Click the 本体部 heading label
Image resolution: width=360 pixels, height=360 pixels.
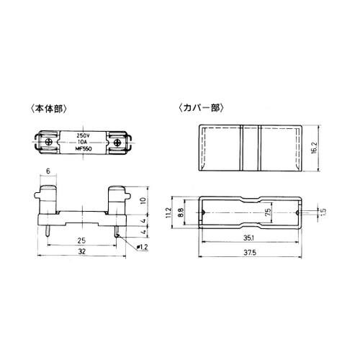(49, 109)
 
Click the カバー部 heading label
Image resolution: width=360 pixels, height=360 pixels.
(201, 108)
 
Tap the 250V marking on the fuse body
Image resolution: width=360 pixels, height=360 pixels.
(83, 135)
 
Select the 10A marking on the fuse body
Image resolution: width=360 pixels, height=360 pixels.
(82, 142)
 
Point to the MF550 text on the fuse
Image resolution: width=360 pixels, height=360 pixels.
(84, 149)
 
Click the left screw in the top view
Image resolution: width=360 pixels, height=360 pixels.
(50, 142)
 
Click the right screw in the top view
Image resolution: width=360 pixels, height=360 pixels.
(117, 142)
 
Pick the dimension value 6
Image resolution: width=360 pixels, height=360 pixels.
(48, 171)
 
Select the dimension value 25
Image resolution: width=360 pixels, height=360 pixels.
(81, 240)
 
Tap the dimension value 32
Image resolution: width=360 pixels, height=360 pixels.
(82, 251)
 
